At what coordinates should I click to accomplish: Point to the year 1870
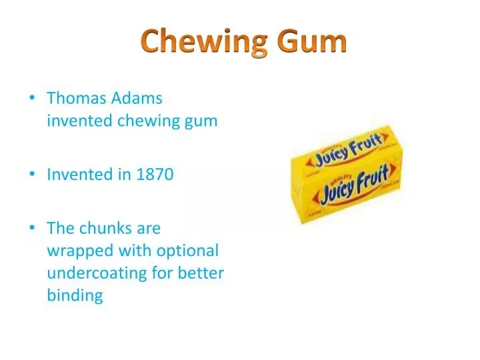pos(155,175)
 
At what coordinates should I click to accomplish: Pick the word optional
pos(189,251)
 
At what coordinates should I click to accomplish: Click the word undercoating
pos(95,273)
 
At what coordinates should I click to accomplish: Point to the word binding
pos(75,296)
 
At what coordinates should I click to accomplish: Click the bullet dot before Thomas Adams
pos(32,99)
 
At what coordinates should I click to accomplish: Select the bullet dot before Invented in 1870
pos(32,175)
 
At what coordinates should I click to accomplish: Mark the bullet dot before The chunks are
pos(32,229)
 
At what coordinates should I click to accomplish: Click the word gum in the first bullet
pos(203,121)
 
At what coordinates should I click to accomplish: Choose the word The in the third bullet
pos(60,228)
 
